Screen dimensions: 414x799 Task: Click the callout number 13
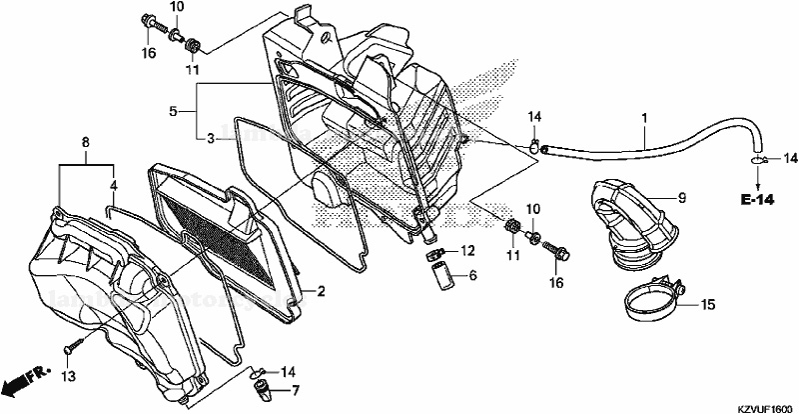(68, 376)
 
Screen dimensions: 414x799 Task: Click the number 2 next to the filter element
(322, 291)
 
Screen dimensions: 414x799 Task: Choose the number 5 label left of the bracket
(173, 111)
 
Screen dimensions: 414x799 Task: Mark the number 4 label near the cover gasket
(113, 185)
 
